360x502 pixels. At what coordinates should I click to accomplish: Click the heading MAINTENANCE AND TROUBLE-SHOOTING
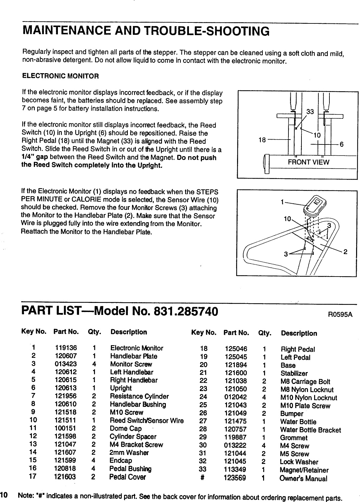pos(146,31)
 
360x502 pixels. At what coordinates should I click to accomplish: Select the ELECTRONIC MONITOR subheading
pos(60,76)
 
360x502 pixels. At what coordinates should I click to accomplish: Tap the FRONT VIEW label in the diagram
pos(309,162)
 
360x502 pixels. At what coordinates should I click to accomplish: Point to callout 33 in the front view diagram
pos(310,112)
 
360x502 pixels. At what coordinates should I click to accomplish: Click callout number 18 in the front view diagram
pos(262,140)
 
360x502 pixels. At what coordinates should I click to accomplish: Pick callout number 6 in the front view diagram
pos(342,144)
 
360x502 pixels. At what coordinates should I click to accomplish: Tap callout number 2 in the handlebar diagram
pos(345,251)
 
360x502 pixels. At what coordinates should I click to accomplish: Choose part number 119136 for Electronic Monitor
pos(66,348)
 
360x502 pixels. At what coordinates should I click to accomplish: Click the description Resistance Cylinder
pos(139,396)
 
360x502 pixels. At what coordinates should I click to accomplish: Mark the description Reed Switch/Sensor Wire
pos(147,421)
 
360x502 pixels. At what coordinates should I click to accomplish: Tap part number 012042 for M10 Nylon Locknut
pos(235,397)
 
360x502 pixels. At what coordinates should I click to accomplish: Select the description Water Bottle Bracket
pos(310,430)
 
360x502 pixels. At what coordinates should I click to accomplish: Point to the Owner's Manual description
pos(303,479)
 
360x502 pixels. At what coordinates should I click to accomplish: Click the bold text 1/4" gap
pos(35,158)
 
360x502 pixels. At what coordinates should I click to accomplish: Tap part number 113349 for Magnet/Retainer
pos(235,470)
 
